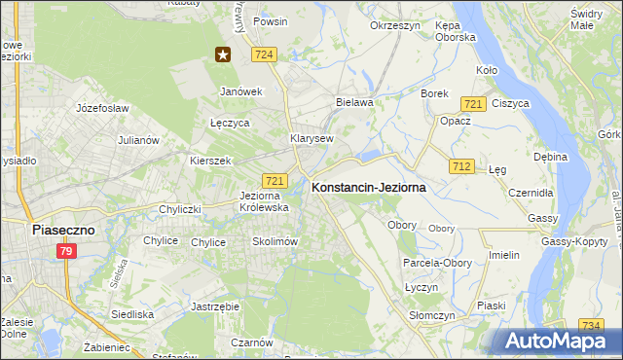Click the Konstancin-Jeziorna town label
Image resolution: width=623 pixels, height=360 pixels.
[368, 189]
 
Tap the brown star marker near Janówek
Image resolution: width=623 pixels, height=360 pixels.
[224, 54]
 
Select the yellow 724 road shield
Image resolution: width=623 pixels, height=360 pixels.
[261, 56]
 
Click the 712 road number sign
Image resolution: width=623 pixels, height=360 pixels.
[461, 167]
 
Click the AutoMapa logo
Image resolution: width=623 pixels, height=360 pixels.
[558, 342]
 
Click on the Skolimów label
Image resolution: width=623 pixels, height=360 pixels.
[274, 241]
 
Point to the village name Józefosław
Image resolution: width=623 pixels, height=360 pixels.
[103, 108]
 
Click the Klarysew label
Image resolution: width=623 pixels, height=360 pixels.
[311, 138]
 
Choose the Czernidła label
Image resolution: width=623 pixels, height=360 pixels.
[531, 193]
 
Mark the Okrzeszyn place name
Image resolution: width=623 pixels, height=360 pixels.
[395, 25]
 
